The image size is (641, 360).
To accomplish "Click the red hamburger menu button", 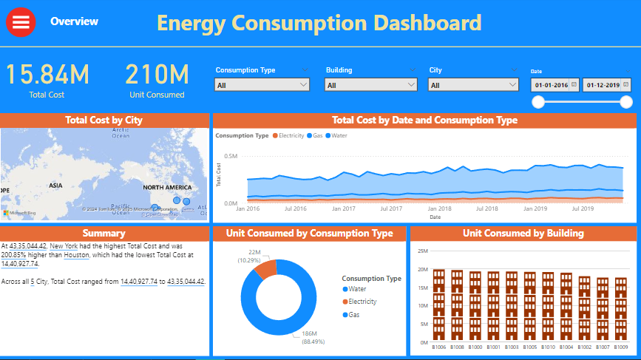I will coord(21,22).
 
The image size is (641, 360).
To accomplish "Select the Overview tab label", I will coord(74,21).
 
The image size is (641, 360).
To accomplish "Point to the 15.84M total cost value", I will coord(47,75).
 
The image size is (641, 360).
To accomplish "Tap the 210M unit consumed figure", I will coord(156,75).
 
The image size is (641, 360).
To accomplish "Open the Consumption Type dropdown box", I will coord(262,85).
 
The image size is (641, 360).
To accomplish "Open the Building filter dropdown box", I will coord(370,85).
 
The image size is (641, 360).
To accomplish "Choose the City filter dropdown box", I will coord(473,85).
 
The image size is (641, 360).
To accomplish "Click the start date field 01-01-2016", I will coord(552,85).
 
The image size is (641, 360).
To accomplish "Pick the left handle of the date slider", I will coord(538,102).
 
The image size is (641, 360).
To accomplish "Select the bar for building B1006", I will coord(439,305).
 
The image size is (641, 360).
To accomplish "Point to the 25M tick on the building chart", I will coord(423,251).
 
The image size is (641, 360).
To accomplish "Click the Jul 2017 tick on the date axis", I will coord(390,209).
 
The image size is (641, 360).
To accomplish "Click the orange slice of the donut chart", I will coord(265,268).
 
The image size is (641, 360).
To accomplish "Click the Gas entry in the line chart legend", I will coord(315,136).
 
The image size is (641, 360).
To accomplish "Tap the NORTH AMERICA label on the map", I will coord(167,188).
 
